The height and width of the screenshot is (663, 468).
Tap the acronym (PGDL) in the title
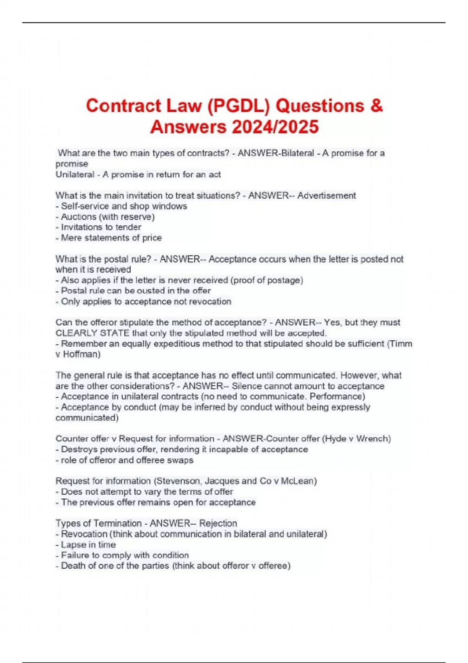(239, 106)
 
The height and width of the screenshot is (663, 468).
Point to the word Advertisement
(326, 195)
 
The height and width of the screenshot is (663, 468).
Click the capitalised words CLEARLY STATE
(92, 333)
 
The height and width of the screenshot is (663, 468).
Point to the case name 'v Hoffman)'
(78, 354)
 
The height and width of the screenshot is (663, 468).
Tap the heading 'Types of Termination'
(98, 523)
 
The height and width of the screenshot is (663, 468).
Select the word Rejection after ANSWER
(218, 523)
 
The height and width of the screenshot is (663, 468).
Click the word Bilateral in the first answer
(298, 153)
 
